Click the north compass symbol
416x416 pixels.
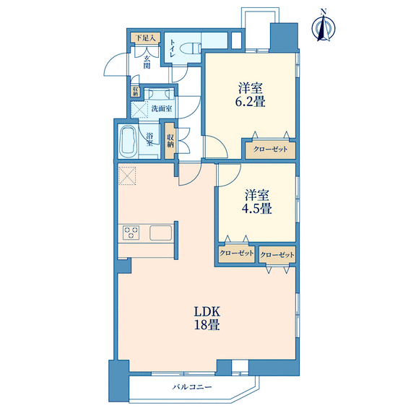pos(323,27)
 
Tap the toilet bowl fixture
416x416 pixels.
pos(190,49)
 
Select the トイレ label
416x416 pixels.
pos(172,48)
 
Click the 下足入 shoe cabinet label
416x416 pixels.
pos(145,38)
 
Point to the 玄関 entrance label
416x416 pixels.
pos(147,62)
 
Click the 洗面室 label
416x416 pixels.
pos(162,108)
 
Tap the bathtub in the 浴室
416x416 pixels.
pos(129,142)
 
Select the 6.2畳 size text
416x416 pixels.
pos(251,102)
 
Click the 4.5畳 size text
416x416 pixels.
pos(257,209)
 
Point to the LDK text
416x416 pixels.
pos(207,312)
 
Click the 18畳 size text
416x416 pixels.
pos(207,324)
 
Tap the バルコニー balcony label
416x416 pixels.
pos(192,387)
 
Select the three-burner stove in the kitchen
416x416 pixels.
pos(131,233)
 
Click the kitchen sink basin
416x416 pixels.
pos(160,233)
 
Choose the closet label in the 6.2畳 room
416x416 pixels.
pos(270,149)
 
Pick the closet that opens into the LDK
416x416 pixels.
pos(277,255)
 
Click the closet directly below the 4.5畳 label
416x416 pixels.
pos(236,254)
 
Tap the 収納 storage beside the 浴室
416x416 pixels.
pos(170,141)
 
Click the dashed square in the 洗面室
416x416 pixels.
pos(139,109)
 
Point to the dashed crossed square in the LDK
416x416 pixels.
pos(127,175)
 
